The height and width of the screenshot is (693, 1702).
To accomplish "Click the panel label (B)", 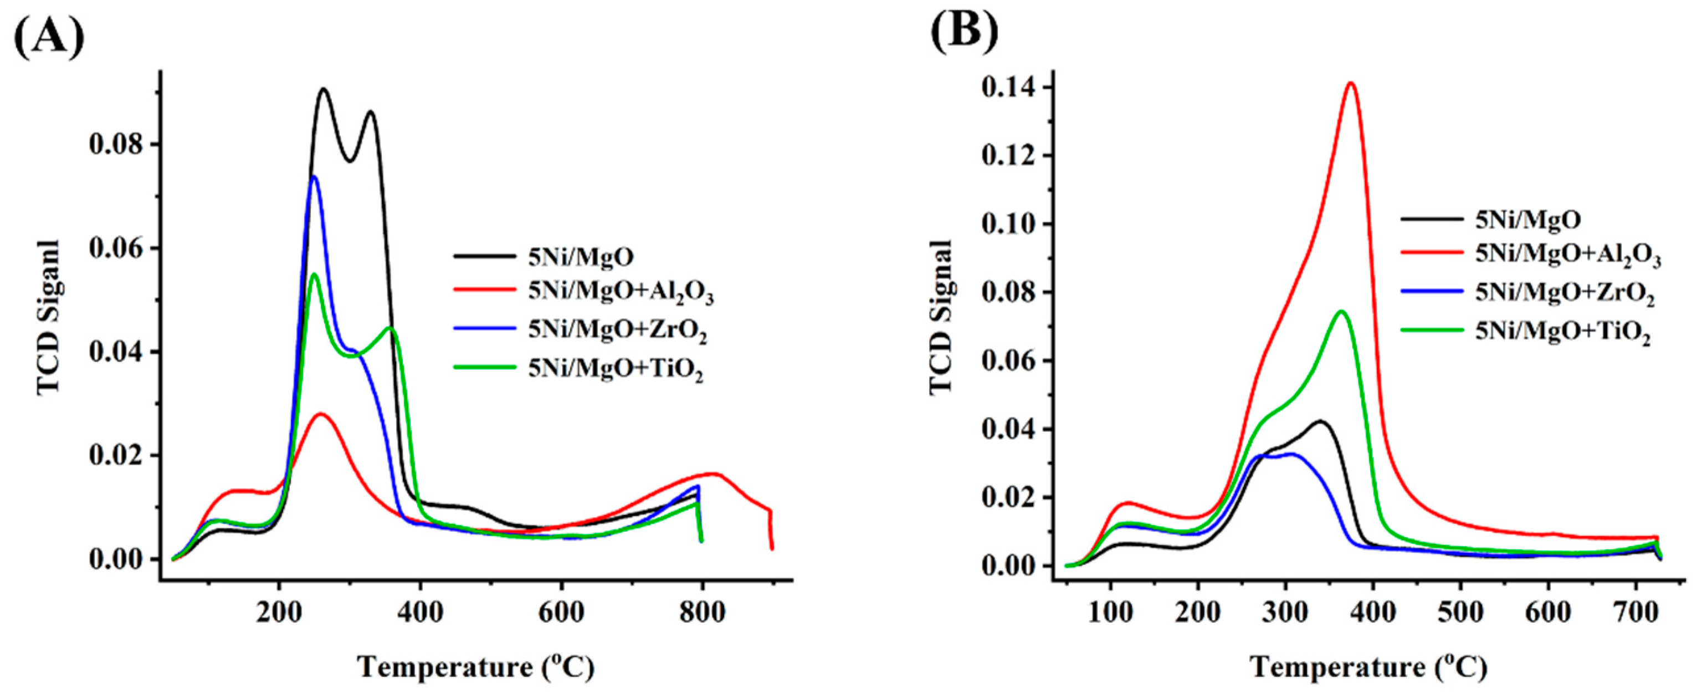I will [x=964, y=30].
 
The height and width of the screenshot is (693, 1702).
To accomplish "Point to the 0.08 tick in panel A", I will [x=116, y=144].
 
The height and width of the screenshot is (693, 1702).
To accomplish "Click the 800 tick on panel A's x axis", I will [x=701, y=611].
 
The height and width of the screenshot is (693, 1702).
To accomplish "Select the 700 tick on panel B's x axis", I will [x=1636, y=612].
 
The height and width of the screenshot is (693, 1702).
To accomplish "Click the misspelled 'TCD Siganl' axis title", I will [x=49, y=318].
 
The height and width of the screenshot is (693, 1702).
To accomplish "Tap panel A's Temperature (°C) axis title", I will [x=476, y=666].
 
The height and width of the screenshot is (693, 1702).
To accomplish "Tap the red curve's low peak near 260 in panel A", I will [x=320, y=414].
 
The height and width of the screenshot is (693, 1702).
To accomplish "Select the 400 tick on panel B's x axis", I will [x=1373, y=612].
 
